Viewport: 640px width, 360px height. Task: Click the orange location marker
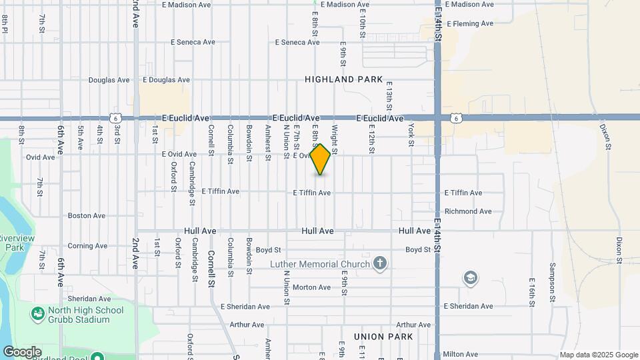[x=321, y=159]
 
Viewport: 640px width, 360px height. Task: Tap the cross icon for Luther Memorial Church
[x=380, y=264]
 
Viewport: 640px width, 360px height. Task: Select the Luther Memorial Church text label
[x=320, y=265]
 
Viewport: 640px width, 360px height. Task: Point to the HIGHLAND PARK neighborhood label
[x=344, y=79]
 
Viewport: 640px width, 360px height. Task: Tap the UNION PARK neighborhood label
[x=383, y=337]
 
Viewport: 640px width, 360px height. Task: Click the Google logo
[x=21, y=352]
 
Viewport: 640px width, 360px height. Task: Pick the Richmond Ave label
[x=468, y=211]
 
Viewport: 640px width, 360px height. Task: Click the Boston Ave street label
[x=87, y=216]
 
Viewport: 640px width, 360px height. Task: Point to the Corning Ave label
[x=87, y=246]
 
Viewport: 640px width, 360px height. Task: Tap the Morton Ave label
[x=311, y=287]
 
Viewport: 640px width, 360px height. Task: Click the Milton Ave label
[x=461, y=354]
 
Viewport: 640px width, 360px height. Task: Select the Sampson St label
[x=553, y=292]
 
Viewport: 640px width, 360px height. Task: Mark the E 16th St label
[x=532, y=292]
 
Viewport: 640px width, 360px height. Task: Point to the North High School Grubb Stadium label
[x=86, y=315]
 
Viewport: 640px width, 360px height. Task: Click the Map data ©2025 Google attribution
[x=599, y=355]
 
